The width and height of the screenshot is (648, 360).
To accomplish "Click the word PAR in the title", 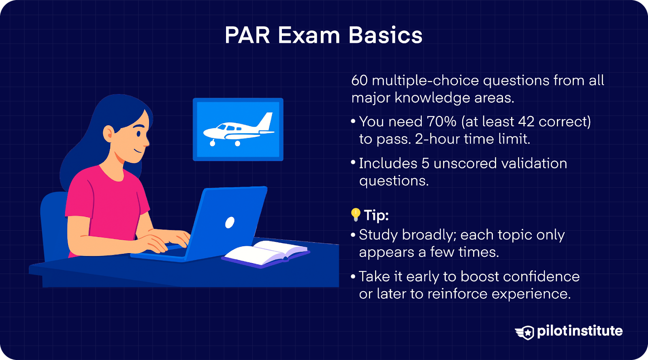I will [x=247, y=35].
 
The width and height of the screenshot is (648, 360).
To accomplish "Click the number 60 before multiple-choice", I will [x=359, y=81].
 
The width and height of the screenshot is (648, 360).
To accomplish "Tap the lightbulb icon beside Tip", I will [x=356, y=214].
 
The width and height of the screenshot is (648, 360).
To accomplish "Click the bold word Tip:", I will [x=376, y=215].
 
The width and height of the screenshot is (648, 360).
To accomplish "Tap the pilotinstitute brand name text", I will [x=580, y=331].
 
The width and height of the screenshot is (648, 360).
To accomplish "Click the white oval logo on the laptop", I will [x=230, y=222].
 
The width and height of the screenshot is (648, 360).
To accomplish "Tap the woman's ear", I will [x=109, y=133].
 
